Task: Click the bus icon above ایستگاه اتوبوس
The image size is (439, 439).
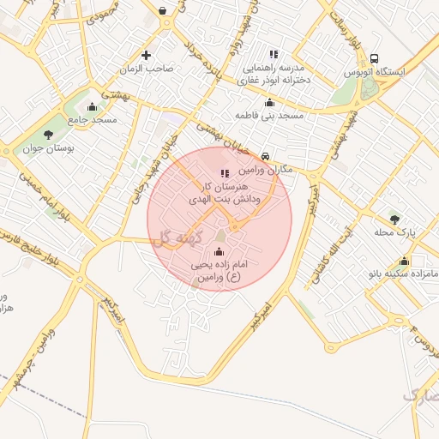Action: (374, 58)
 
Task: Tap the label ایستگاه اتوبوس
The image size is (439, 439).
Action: (374, 73)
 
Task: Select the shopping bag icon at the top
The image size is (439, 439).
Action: (163, 11)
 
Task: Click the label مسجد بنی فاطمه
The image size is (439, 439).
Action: (269, 114)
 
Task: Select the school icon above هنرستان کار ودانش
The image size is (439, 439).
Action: (225, 172)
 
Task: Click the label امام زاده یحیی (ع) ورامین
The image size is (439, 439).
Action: (216, 272)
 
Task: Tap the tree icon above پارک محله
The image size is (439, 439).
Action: (394, 218)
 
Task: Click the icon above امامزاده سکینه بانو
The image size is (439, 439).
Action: (404, 262)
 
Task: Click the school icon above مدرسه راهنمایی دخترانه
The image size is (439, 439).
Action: (273, 53)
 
